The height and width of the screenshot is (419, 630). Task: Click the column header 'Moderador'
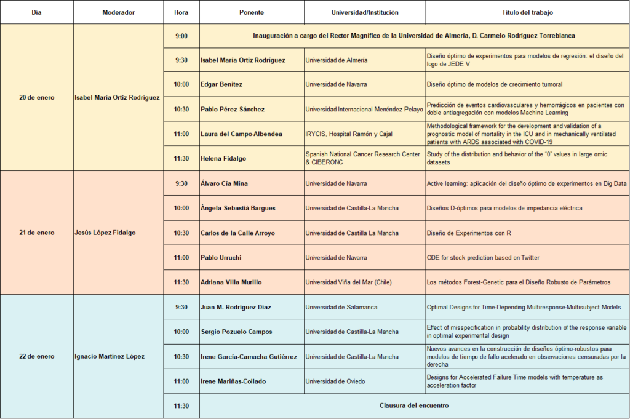[118, 12]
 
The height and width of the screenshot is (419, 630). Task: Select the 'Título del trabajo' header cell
[527, 12]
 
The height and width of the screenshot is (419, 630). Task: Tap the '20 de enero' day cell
[36, 97]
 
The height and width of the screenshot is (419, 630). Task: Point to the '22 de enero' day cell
[36, 356]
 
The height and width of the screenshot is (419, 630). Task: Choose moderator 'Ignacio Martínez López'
[110, 356]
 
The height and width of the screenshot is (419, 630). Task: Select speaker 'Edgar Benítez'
[223, 84]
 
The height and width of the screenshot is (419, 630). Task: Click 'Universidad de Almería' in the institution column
[337, 60]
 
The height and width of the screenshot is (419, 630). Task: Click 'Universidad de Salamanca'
[341, 307]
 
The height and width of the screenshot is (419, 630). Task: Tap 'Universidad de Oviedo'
[335, 381]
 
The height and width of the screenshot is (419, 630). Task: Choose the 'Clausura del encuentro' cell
[413, 405]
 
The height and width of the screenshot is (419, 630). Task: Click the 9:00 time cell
[181, 36]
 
